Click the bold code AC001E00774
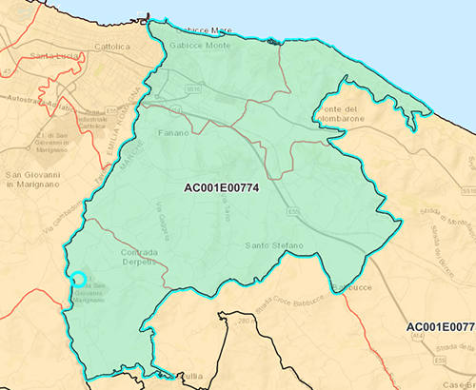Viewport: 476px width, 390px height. (x=222, y=187)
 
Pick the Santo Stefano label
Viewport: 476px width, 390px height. (x=274, y=245)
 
